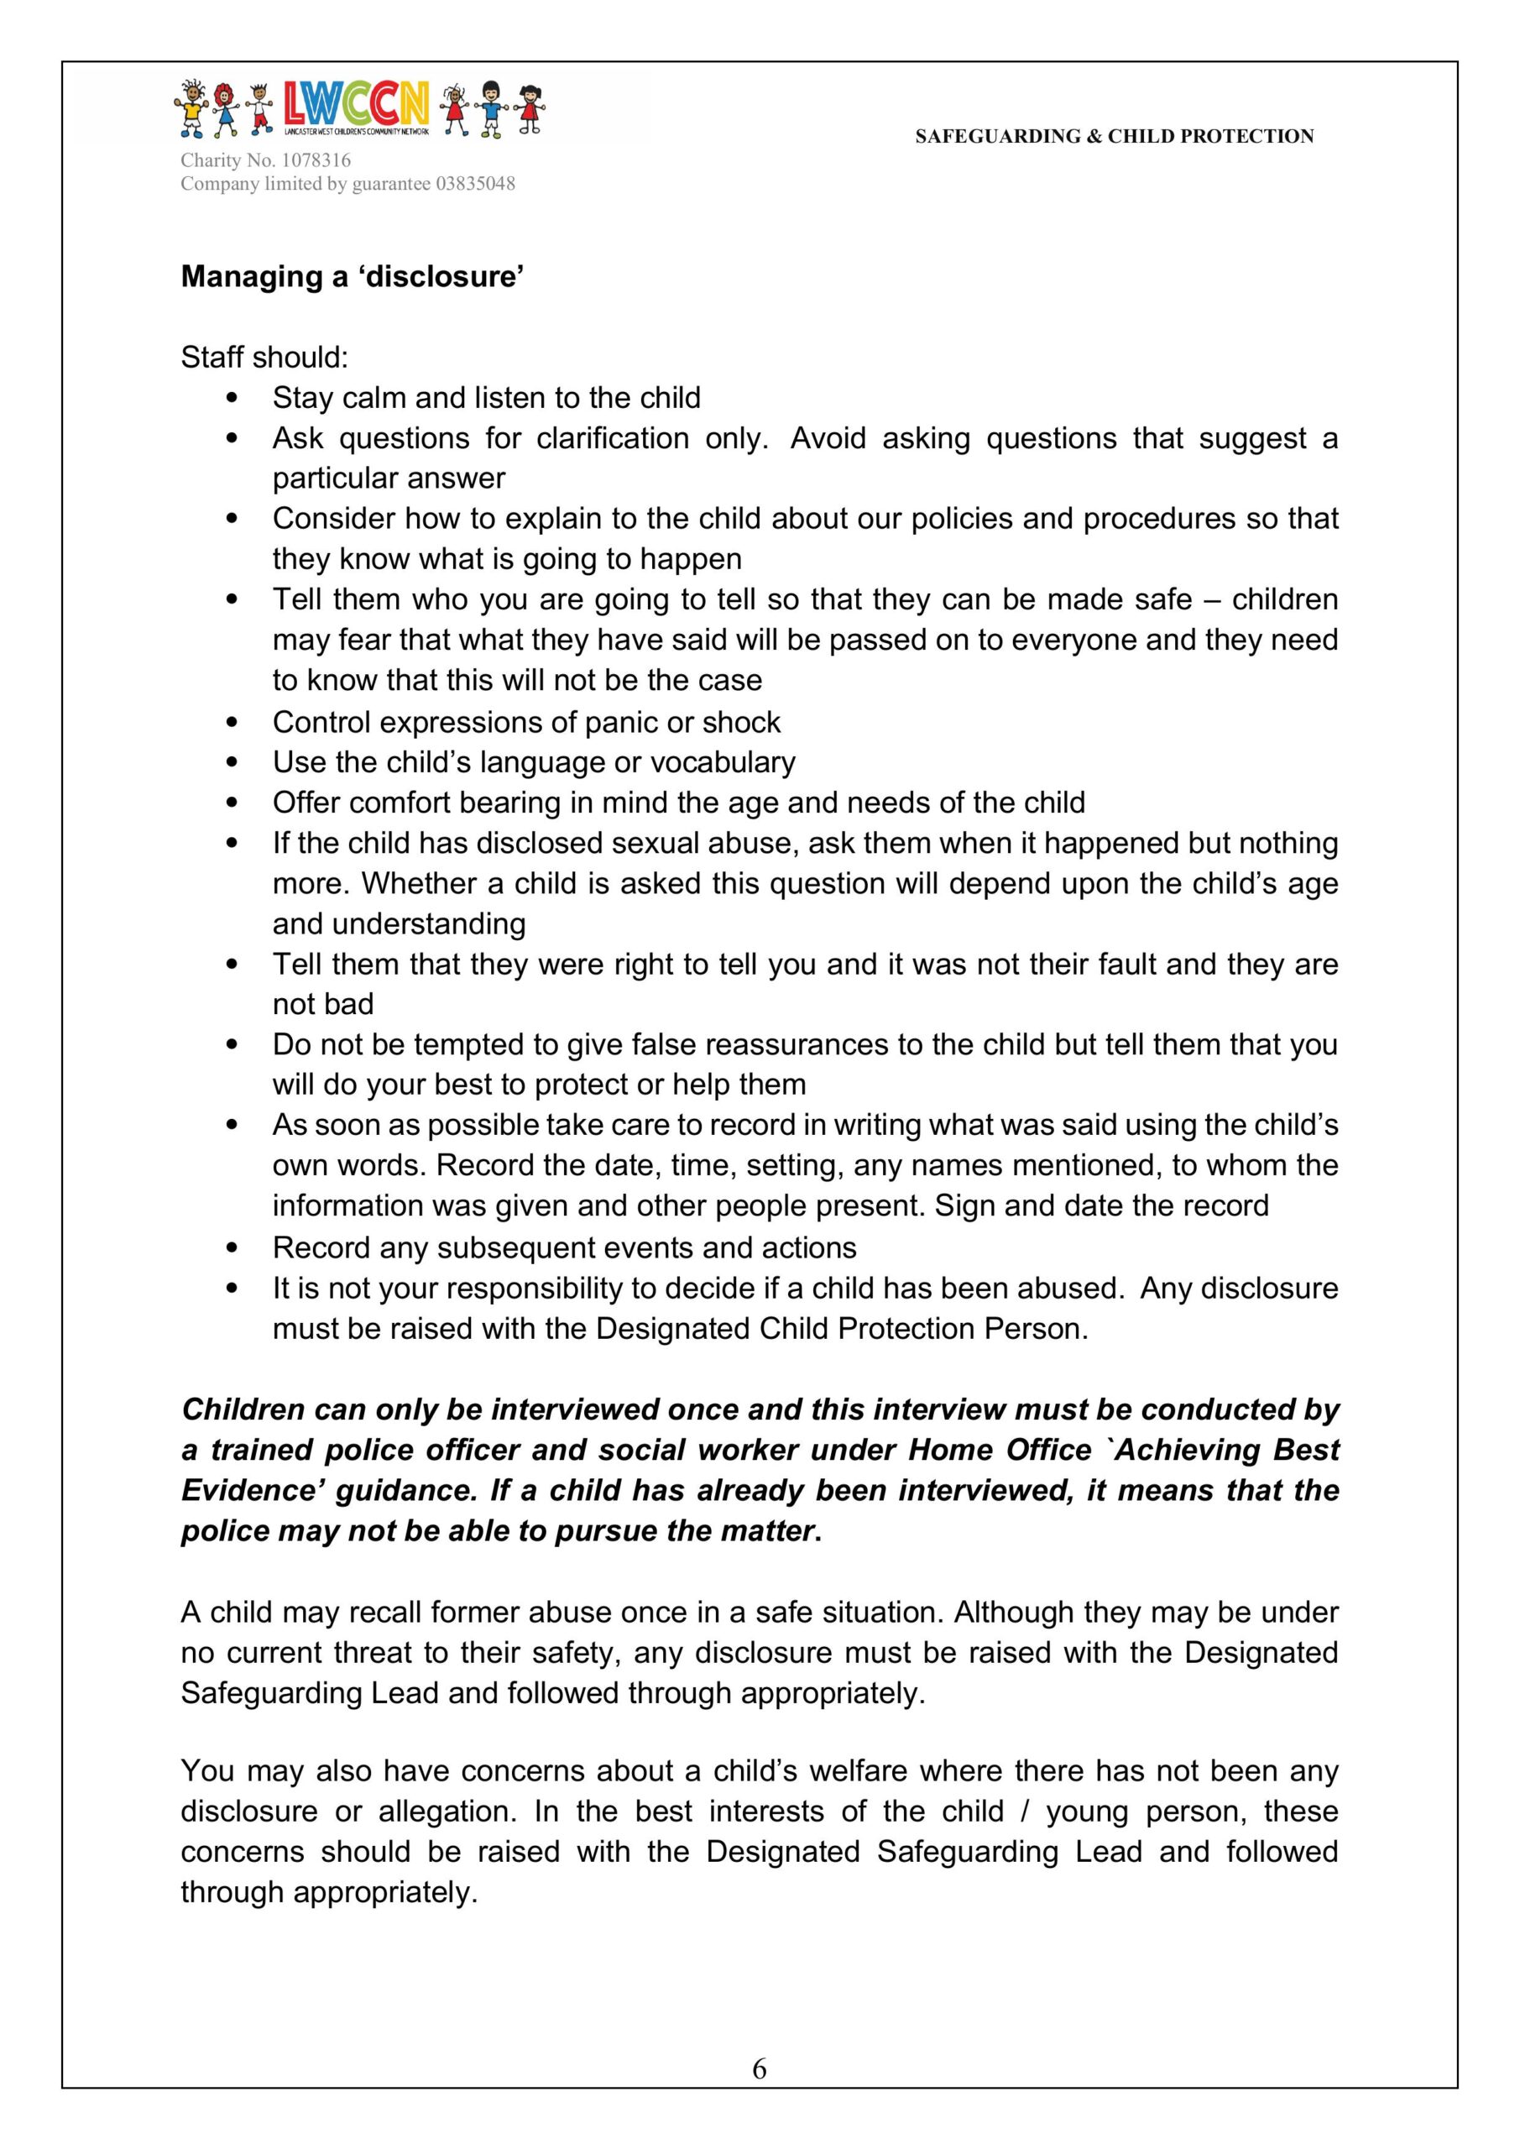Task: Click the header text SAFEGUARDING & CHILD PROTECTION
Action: pyautogui.click(x=1114, y=137)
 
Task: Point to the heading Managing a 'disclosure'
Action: pyautogui.click(x=352, y=277)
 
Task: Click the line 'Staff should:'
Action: pyautogui.click(x=264, y=358)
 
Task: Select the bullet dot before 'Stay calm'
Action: pyautogui.click(x=233, y=398)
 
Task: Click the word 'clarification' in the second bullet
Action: pyautogui.click(x=612, y=438)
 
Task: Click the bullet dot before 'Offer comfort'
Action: pyautogui.click(x=233, y=803)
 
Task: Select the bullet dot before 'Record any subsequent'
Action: pyautogui.click(x=233, y=1247)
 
